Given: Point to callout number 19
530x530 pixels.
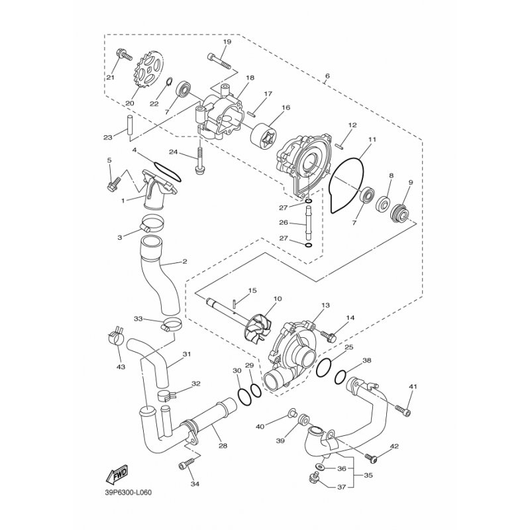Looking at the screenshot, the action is (227, 42).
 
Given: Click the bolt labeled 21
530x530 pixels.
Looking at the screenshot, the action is (124, 54).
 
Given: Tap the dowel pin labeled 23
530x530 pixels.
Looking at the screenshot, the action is (130, 126).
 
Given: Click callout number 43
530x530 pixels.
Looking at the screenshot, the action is (121, 366).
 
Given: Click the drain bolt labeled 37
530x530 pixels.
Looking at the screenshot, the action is (314, 479).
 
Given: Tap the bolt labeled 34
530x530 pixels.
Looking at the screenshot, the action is (186, 463).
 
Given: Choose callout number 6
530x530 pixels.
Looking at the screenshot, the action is (327, 76).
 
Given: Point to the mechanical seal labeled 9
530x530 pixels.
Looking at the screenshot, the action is (400, 211).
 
